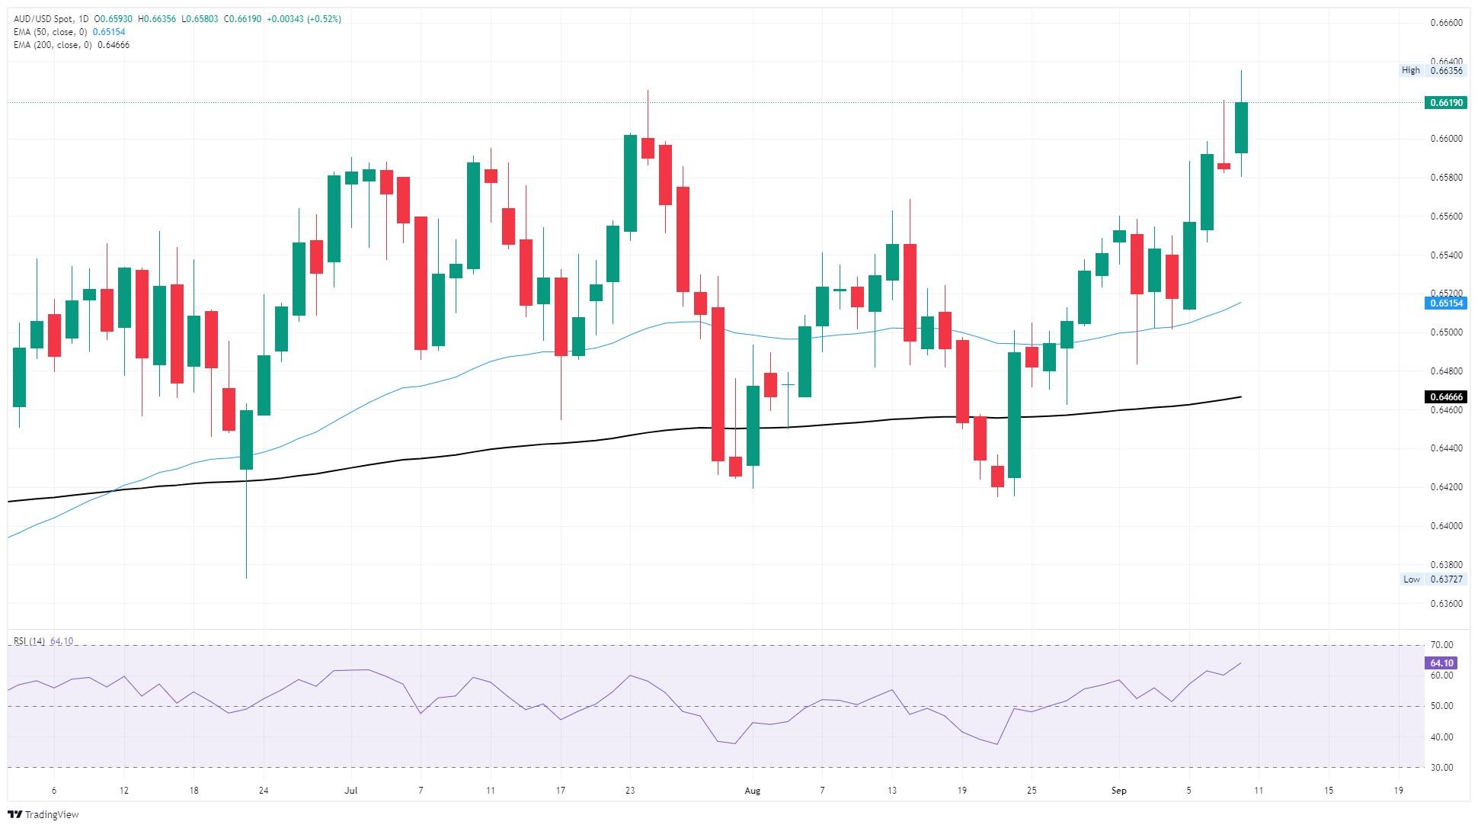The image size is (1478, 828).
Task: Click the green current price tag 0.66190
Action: (x=1444, y=102)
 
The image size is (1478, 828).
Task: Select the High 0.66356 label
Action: (x=1432, y=70)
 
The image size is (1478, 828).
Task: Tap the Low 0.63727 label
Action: (x=1433, y=579)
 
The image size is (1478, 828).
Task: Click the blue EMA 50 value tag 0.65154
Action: (x=1444, y=303)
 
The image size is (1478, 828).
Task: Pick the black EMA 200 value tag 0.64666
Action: (x=1444, y=397)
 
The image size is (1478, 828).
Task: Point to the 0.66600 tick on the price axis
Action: (x=1444, y=23)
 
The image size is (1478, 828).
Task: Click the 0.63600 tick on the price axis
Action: (x=1444, y=604)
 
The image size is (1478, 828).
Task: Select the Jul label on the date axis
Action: (x=351, y=791)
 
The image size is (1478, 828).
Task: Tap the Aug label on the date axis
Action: (x=752, y=791)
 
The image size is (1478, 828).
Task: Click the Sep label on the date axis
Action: (x=1118, y=791)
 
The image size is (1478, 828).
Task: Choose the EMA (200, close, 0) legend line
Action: (x=72, y=45)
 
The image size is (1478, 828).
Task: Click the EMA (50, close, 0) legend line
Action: (x=69, y=32)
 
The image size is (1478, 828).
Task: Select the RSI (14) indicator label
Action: (x=29, y=641)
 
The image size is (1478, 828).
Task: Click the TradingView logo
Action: (x=43, y=814)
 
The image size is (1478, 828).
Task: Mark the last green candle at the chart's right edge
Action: (x=1241, y=127)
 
